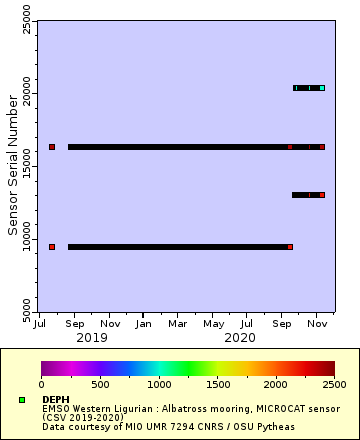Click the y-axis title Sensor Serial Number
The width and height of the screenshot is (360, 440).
click(13, 165)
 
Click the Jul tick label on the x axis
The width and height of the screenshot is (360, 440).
click(41, 324)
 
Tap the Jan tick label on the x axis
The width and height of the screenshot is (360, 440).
click(144, 324)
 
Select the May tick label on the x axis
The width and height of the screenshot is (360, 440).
click(213, 324)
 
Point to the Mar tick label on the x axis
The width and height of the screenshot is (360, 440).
click(178, 324)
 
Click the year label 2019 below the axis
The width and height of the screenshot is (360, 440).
click(93, 337)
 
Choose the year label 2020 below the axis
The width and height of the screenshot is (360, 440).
click(240, 337)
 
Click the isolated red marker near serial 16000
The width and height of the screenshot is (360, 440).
click(52, 147)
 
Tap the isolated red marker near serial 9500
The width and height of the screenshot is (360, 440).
click(52, 246)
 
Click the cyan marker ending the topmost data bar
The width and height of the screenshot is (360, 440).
click(322, 88)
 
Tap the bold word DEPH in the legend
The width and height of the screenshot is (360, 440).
click(56, 398)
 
